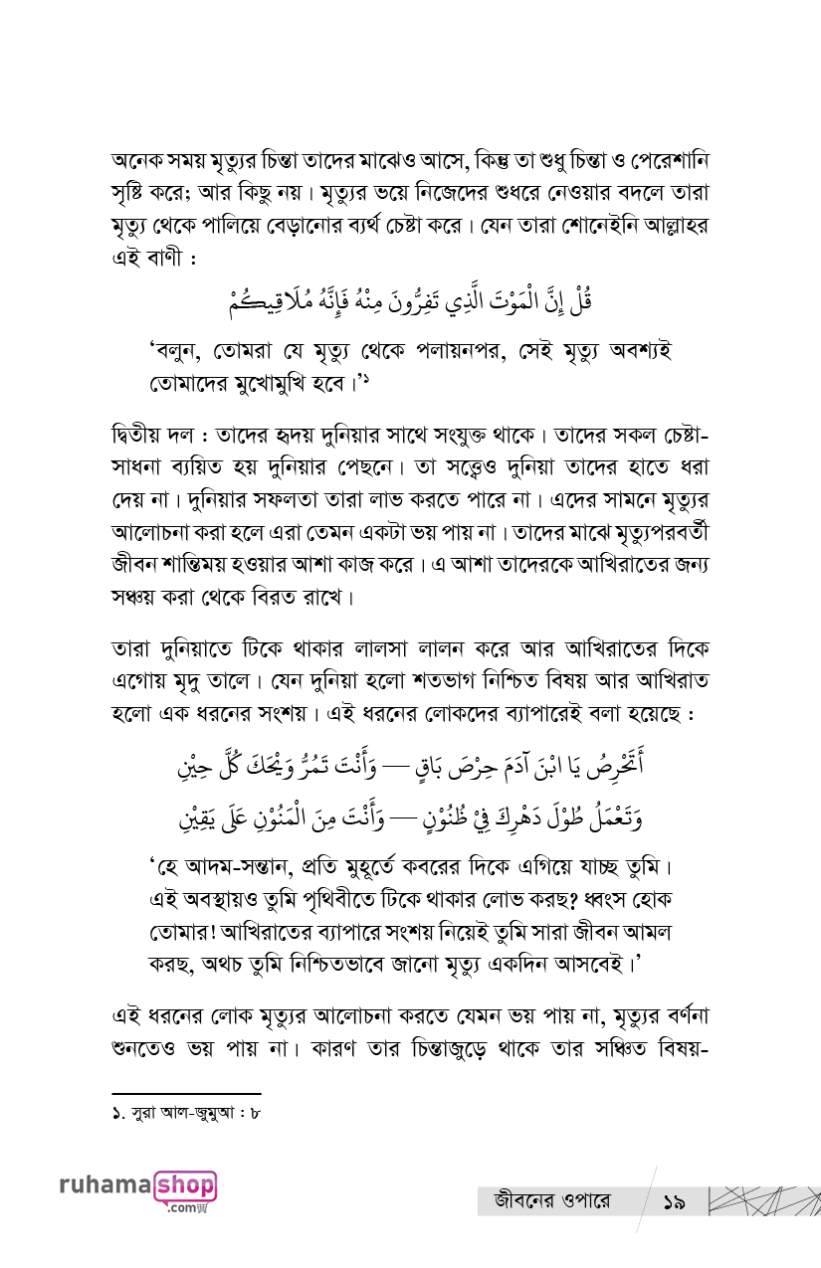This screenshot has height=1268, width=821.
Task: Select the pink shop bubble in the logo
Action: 184,1187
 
